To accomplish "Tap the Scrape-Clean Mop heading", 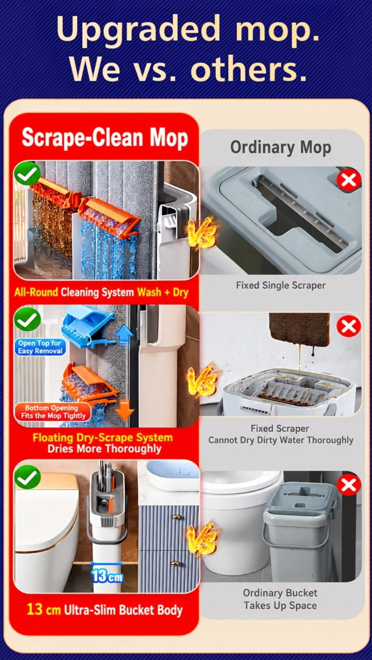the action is (105, 137).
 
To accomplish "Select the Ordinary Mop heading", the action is (280, 147).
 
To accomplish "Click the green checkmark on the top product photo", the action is (27, 173).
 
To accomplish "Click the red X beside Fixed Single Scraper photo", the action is (349, 180).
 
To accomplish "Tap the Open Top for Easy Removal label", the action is (40, 347).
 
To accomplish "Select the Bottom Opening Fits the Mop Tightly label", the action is (53, 412).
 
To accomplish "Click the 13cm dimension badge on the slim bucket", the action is (107, 576).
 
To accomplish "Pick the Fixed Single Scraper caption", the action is (280, 286).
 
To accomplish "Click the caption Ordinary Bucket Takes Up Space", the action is (280, 599).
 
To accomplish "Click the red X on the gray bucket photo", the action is (349, 485).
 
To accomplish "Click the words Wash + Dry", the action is (163, 292).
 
